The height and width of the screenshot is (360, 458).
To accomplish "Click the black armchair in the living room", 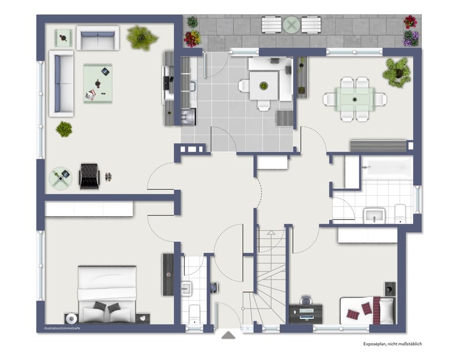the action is [89, 176].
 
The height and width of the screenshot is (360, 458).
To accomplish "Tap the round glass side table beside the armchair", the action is [61, 178].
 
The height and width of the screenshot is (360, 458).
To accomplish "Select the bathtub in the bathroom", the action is [387, 168].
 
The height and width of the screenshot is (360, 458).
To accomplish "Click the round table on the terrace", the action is [291, 25].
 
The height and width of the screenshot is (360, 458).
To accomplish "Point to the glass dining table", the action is [355, 99].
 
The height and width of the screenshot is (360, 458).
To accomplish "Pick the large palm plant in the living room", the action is [142, 37].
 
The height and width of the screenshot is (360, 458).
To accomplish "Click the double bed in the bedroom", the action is [107, 294].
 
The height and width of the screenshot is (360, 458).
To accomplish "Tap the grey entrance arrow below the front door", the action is [228, 335].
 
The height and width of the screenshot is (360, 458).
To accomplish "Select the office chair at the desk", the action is [306, 300].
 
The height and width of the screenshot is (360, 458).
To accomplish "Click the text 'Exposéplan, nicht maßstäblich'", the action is [392, 344].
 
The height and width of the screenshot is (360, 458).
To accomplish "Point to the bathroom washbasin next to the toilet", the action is [374, 216].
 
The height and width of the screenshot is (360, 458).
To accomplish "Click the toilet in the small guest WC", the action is [194, 314].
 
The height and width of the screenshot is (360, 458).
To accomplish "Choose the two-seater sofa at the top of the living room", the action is [98, 38].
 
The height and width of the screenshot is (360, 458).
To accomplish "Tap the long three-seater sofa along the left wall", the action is [61, 84].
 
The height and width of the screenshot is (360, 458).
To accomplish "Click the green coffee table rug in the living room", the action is [98, 83].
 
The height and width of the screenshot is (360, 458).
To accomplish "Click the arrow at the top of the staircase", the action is [271, 232].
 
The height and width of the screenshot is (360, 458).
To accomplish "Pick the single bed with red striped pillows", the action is [367, 310].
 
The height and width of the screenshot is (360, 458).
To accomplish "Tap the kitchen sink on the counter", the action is [193, 87].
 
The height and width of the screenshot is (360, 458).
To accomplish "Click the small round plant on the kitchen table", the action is [264, 85].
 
